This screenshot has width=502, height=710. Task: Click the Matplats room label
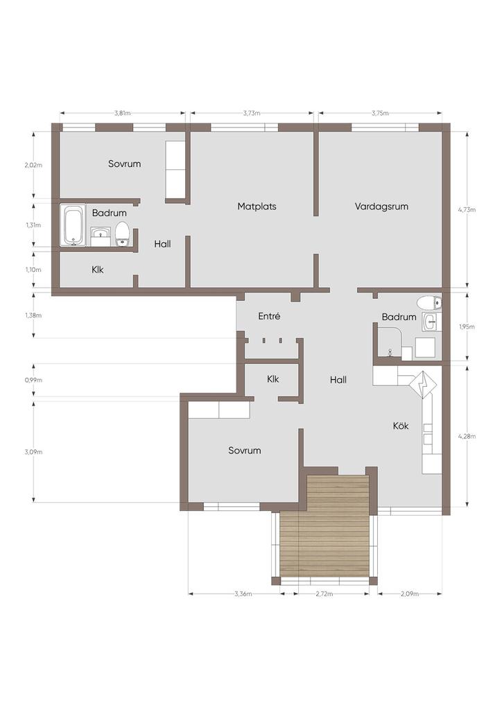257,207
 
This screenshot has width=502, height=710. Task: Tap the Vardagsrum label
381,207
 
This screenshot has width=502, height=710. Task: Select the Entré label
269,316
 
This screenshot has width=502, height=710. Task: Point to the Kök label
401,426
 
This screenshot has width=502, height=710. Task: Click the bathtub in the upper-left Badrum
73,225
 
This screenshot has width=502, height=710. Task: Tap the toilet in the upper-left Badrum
122,234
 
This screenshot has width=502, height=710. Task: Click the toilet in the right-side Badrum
429,302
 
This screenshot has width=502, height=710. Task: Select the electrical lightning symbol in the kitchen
424,385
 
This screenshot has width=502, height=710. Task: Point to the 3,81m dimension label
122,113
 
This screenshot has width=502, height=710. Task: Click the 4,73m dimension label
467,209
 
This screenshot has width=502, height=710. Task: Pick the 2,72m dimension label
324,594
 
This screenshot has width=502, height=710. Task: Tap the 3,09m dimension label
33,451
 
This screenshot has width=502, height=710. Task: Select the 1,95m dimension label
467,327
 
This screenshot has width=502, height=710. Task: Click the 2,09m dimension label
410,594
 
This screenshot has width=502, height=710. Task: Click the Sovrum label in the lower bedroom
245,451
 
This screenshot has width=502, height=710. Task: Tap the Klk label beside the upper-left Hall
98,270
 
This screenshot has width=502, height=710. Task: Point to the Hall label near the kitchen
338,380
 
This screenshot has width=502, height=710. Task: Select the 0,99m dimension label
33,380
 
